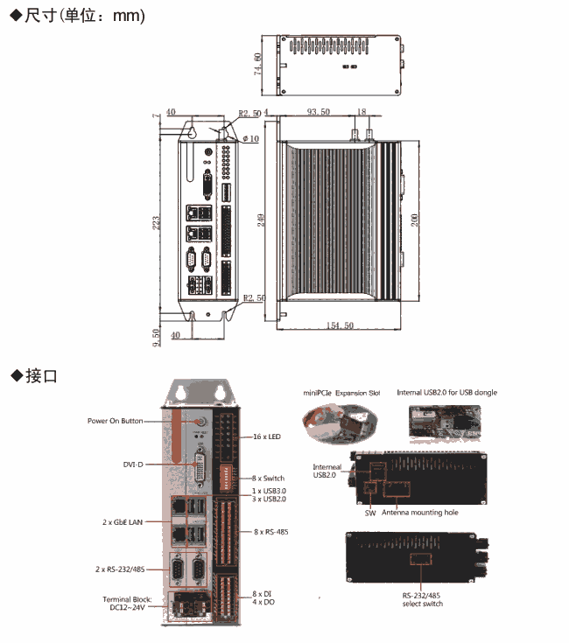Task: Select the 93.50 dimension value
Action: coord(318,113)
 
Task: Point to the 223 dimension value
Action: coord(157,224)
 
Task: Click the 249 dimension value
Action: coord(260,220)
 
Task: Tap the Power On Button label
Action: coord(115,421)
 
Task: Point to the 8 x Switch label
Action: coord(269,479)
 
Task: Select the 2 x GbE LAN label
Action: coord(122,521)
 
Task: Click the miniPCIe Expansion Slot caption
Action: coord(342,393)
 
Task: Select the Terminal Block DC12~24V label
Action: coord(127,604)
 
